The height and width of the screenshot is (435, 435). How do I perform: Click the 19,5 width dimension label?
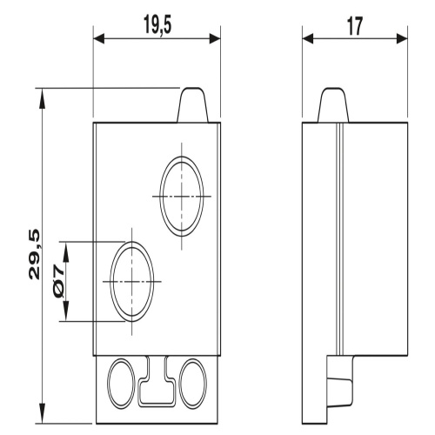point(157,25)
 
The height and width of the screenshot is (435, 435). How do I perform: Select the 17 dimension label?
point(355,26)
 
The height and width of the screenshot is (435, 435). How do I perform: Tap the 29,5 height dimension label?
point(34,254)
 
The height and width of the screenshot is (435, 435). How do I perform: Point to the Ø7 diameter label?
point(58,282)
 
